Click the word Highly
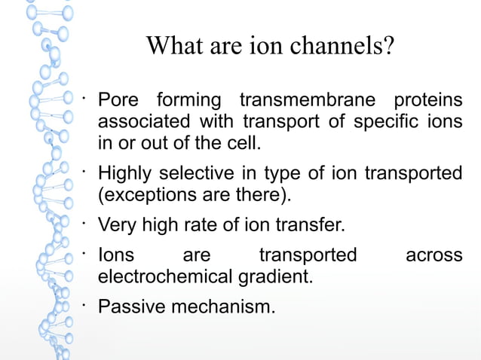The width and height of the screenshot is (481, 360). pos(125,173)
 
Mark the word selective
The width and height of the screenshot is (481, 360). pos(199,173)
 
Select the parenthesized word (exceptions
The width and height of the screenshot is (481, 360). pos(143,194)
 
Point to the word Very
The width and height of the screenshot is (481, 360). pos(118,224)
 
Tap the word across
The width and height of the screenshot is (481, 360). pos(434,255)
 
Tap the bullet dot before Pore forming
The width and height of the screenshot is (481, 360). pos(87,96)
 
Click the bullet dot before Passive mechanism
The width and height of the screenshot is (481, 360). pos(87,303)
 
